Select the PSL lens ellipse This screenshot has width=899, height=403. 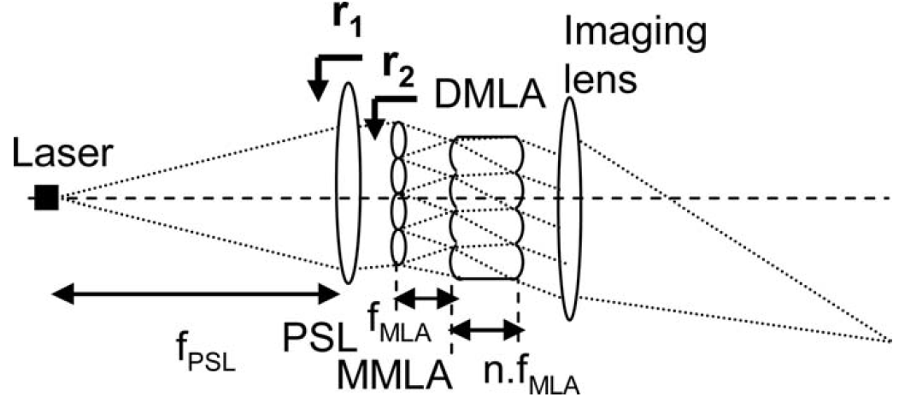pyautogui.click(x=348, y=183)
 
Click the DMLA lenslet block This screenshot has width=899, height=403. pyautogui.click(x=485, y=206)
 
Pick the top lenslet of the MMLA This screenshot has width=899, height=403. pyautogui.click(x=398, y=137)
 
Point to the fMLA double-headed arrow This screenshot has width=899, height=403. pyautogui.click(x=425, y=298)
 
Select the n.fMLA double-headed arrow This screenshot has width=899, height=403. pyautogui.click(x=486, y=328)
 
